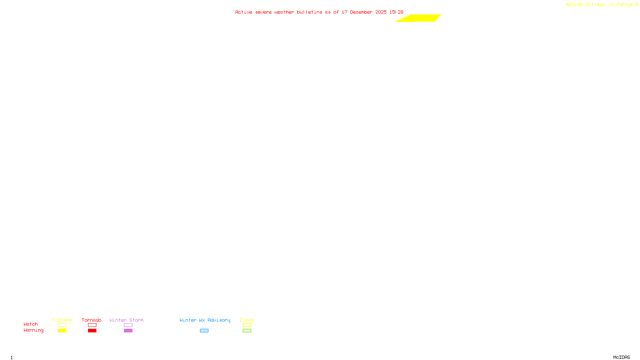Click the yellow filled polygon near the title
(420, 18)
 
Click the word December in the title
(361, 12)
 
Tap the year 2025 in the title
(381, 12)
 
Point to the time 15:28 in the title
(396, 12)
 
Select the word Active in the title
(244, 12)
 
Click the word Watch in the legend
(31, 324)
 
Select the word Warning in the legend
(33, 330)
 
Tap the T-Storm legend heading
(62, 320)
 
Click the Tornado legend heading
(92, 320)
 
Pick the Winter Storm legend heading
(126, 320)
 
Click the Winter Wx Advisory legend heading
(205, 320)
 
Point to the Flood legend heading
(247, 320)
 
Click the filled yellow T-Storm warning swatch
(62, 331)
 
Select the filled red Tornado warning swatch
(92, 331)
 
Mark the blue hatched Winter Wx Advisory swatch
(204, 331)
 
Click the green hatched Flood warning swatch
(247, 331)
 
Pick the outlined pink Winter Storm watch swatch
(128, 325)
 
